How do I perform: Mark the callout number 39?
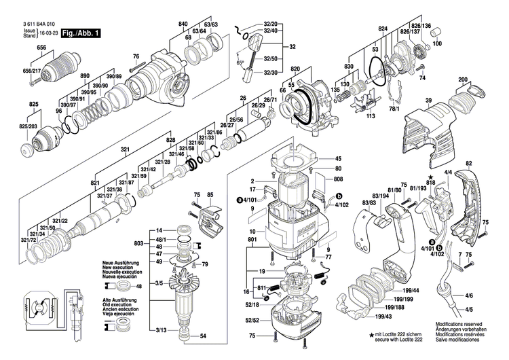[x=428, y=101]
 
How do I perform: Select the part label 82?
[x=468, y=164]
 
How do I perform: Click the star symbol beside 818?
[x=430, y=175]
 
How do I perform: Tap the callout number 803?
[x=138, y=242]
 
